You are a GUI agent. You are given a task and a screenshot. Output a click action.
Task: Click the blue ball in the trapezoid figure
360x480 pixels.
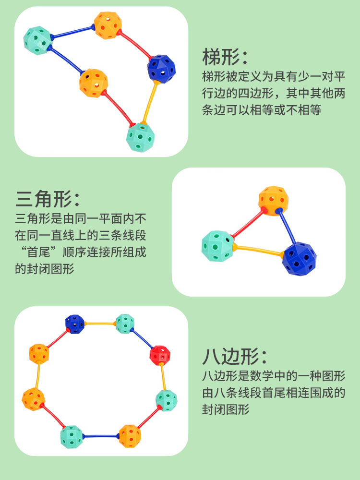pyautogui.click(x=161, y=69)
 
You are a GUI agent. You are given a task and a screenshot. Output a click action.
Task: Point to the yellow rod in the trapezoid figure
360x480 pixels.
pyautogui.click(x=150, y=102)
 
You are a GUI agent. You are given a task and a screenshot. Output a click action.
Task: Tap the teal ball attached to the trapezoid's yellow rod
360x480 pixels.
pyautogui.click(x=140, y=137)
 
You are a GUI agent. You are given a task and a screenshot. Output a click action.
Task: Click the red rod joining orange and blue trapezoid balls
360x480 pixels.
pyautogui.click(x=135, y=45)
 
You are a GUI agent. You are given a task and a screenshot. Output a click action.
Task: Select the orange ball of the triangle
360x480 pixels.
pyautogui.click(x=273, y=201)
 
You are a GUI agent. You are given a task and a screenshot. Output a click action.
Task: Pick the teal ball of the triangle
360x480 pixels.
pyautogui.click(x=217, y=246)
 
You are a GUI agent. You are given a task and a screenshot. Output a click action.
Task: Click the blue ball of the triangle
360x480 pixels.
pyautogui.click(x=299, y=259)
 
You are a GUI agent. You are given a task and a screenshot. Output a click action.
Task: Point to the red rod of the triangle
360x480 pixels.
pyautogui.click(x=249, y=223)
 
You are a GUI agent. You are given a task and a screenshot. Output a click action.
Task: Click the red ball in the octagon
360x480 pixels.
pyautogui.click(x=160, y=355)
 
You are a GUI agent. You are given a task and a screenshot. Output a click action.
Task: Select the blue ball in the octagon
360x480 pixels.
pyautogui.click(x=75, y=324)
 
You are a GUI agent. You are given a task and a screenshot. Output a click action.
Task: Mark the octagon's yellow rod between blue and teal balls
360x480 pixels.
pyautogui.click(x=100, y=323)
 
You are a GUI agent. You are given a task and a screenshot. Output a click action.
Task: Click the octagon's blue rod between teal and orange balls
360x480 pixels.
pyautogui.click(x=101, y=436)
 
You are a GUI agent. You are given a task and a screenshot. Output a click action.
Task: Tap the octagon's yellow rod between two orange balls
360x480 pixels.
pyautogui.click(x=38, y=376)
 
